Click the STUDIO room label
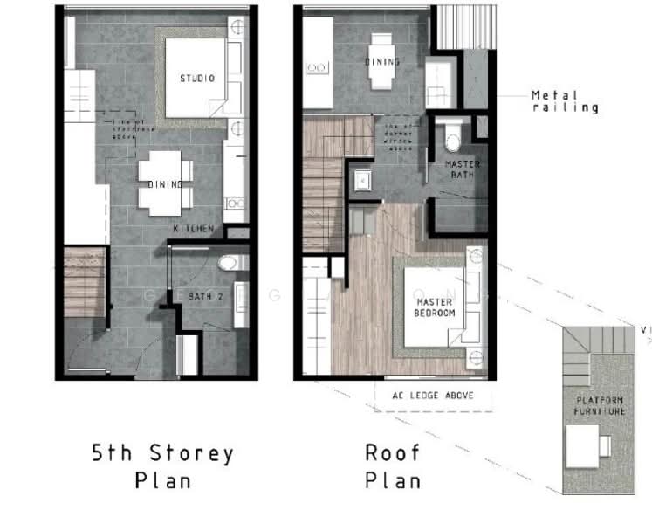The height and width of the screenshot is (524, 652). tap(197, 79)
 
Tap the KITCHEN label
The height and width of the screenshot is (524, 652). tap(193, 229)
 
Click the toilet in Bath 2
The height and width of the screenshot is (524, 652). tap(228, 262)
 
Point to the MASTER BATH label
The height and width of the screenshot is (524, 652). tap(463, 169)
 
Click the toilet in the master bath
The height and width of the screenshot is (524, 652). tap(452, 138)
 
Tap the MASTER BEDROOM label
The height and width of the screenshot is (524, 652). tap(436, 306)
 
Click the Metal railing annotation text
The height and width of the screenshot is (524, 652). tap(565, 101)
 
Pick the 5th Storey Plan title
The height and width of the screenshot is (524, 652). tap(162, 466)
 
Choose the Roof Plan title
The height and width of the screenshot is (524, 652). tap(392, 466)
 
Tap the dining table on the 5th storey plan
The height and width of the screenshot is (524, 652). tap(164, 183)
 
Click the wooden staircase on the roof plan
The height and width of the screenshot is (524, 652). tap(325, 183)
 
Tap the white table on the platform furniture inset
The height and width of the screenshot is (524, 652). tap(582, 446)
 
